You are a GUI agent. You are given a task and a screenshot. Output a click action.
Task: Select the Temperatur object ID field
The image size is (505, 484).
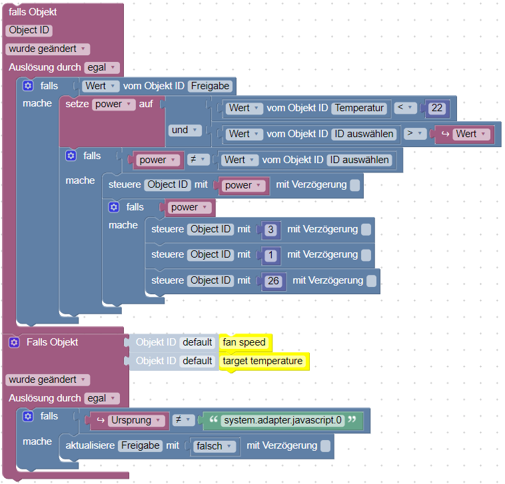point(360,108)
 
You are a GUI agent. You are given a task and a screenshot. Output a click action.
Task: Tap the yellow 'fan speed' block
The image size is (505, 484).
point(245,342)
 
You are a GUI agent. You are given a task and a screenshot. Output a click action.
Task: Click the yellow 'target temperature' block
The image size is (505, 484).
point(262,361)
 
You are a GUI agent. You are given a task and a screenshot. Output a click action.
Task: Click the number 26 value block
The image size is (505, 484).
point(273,281)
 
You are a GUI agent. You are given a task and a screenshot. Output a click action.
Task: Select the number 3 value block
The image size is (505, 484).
point(270,230)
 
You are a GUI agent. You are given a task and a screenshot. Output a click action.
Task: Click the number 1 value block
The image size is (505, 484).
point(270,255)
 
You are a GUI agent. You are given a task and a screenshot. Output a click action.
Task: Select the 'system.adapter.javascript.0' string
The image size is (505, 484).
point(282,421)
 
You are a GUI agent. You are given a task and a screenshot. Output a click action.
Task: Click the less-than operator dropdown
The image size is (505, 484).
point(404,108)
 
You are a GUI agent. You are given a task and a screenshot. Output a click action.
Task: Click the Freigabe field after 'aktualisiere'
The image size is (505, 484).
point(140,446)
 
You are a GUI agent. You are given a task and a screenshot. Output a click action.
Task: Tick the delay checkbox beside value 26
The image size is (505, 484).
point(371,281)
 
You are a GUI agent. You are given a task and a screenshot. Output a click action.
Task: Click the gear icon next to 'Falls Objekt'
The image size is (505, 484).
point(13,342)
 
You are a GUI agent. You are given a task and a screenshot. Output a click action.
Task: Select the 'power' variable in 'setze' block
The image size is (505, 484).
point(113,105)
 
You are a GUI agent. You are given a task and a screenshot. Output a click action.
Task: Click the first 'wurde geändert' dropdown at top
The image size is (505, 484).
point(47,49)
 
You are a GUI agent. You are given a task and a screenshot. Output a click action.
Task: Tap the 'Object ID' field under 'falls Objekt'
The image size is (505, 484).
point(29,30)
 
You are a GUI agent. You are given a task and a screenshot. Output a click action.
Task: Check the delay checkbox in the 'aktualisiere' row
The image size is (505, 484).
point(324,446)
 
